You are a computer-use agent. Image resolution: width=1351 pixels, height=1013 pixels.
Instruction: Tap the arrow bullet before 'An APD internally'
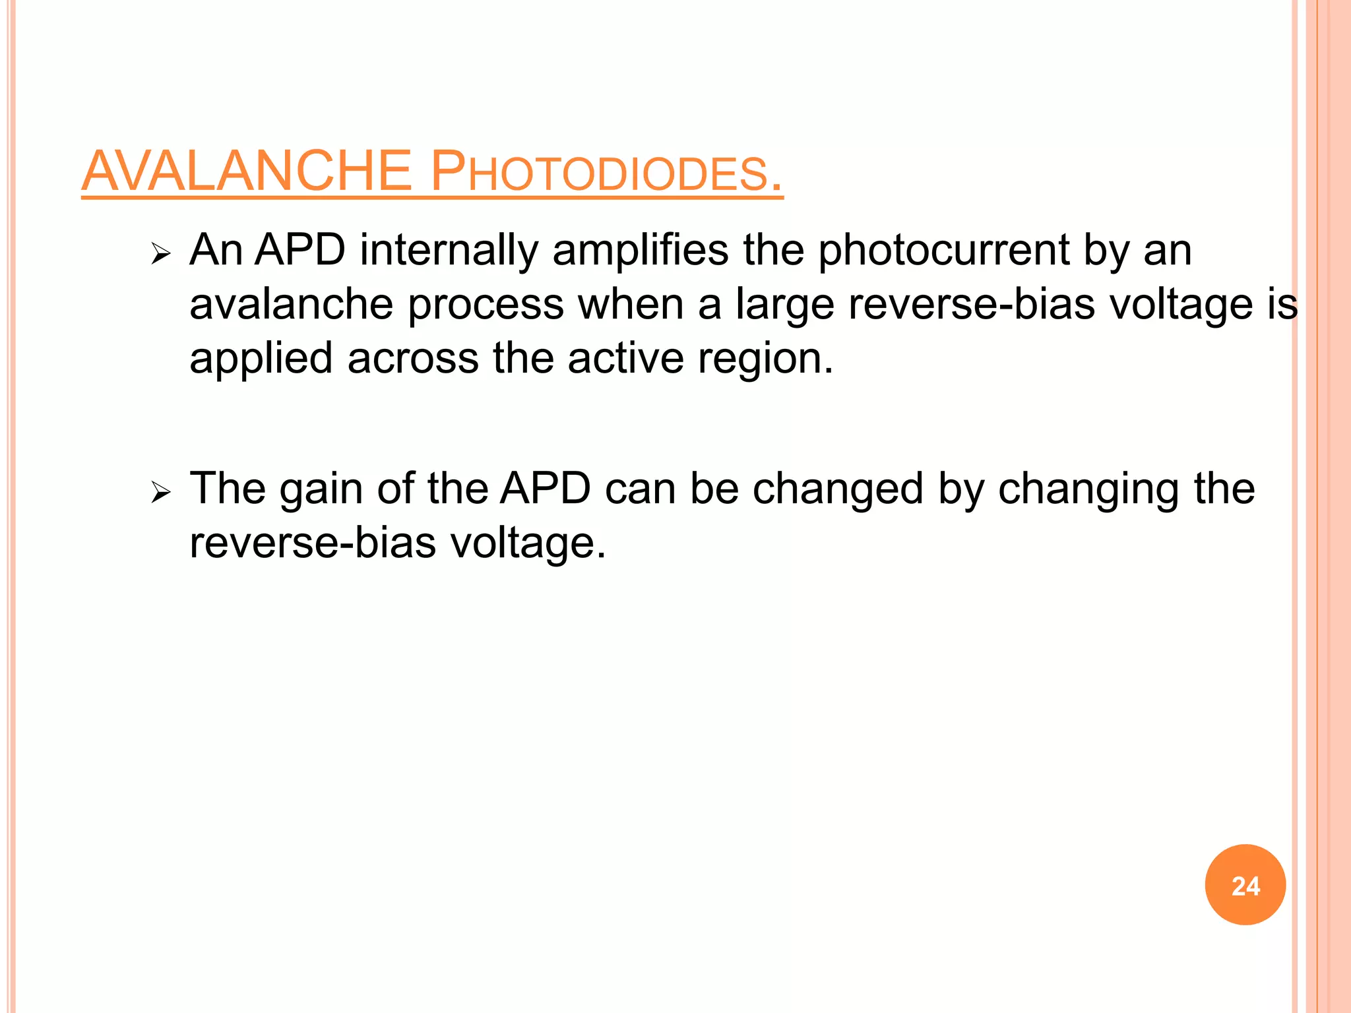coord(160,253)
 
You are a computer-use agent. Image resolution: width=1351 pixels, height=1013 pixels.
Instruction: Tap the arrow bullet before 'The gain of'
coord(160,492)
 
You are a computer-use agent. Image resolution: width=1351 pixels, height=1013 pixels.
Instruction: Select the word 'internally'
coord(449,251)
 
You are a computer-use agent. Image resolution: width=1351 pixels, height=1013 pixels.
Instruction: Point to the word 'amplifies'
coord(640,251)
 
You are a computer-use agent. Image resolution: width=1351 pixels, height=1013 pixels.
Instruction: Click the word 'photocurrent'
coord(944,251)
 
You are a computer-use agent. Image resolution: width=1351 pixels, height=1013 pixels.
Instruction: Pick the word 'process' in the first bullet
coord(486,305)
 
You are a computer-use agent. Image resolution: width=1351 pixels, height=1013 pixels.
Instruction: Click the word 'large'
coord(784,305)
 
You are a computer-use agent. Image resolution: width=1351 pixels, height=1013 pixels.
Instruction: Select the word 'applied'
coord(261,359)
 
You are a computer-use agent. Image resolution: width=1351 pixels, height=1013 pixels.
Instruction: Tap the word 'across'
coord(413,359)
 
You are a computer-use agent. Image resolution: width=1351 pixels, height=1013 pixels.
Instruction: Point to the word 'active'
coord(625,359)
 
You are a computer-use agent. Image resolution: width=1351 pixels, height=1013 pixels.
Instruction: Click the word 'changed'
coord(838,490)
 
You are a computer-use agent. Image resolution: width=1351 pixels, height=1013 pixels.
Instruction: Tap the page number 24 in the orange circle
coord(1245,886)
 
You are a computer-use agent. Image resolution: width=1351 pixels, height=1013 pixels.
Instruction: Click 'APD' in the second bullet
coord(545,489)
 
